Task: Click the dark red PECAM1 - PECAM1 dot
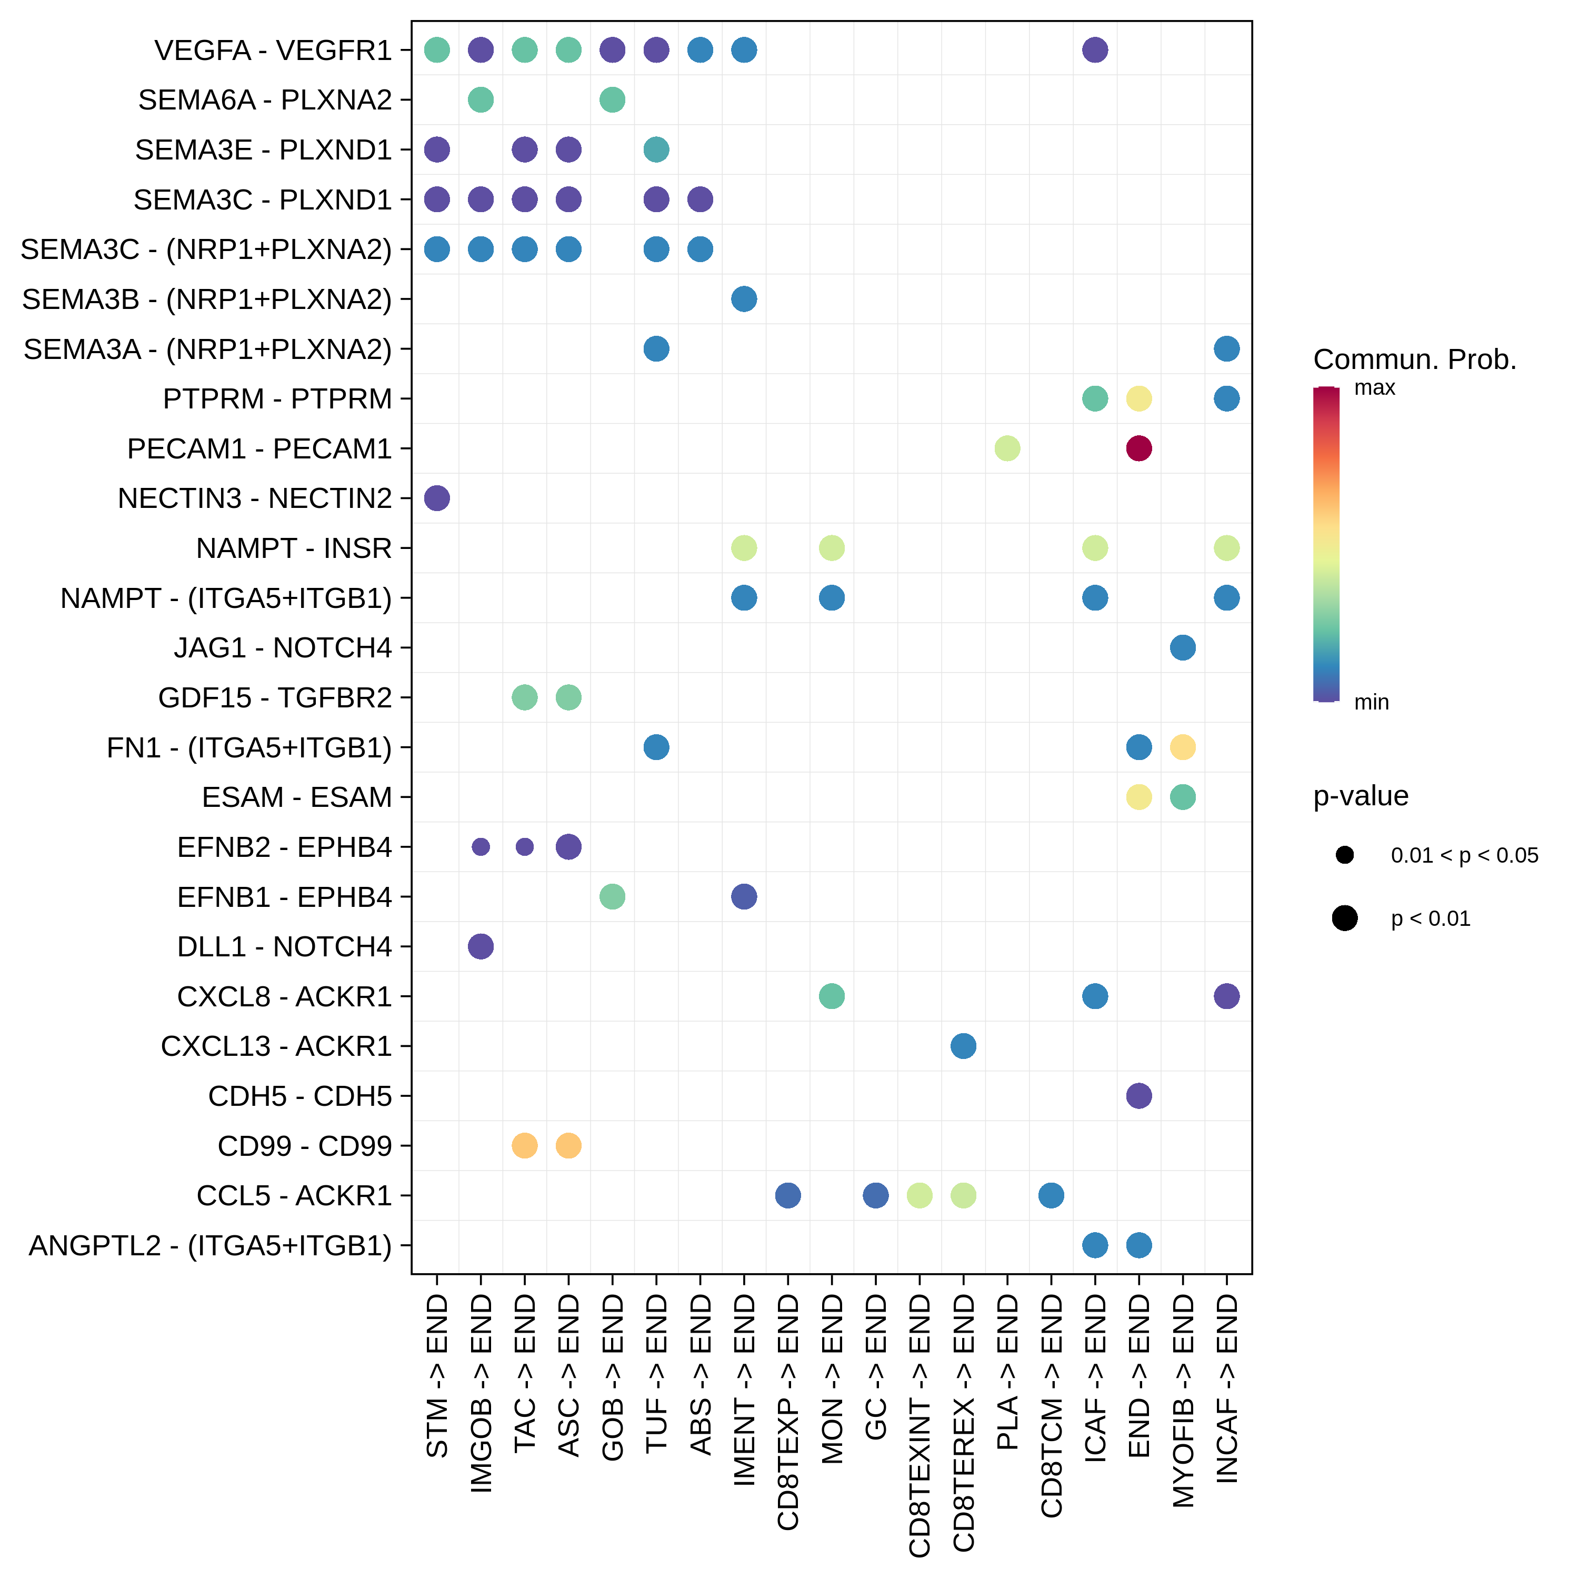1138,448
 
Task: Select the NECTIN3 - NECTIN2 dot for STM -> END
437,498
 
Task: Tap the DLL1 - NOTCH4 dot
481,946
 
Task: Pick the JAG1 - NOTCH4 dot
1183,647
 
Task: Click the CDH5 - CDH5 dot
1138,1095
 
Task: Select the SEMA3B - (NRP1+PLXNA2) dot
744,299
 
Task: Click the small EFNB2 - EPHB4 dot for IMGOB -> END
481,847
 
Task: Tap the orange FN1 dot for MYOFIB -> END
1183,747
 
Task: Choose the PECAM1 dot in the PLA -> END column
1007,448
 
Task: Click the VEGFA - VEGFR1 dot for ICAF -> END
1095,50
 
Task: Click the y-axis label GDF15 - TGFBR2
275,698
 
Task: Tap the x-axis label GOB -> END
612,1377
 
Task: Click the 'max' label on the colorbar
1375,387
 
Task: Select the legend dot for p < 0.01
1344,918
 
